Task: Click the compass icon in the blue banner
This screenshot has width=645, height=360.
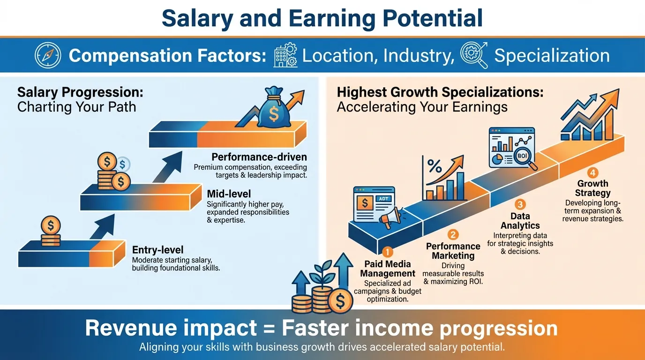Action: click(x=48, y=56)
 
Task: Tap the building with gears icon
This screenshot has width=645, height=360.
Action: click(x=285, y=56)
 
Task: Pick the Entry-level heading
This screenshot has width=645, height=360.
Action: click(x=157, y=250)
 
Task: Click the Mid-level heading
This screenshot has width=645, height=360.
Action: click(x=229, y=194)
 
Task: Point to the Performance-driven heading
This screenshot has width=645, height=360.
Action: click(x=259, y=157)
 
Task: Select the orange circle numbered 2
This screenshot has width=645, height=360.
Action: click(x=453, y=235)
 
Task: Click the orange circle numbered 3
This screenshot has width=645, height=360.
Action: click(x=520, y=204)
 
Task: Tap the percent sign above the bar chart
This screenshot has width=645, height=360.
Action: click(x=435, y=166)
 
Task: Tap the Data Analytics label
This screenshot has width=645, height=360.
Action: click(x=520, y=221)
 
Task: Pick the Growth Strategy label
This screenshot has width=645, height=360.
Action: click(x=593, y=188)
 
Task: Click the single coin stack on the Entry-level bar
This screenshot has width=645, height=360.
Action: click(x=51, y=231)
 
